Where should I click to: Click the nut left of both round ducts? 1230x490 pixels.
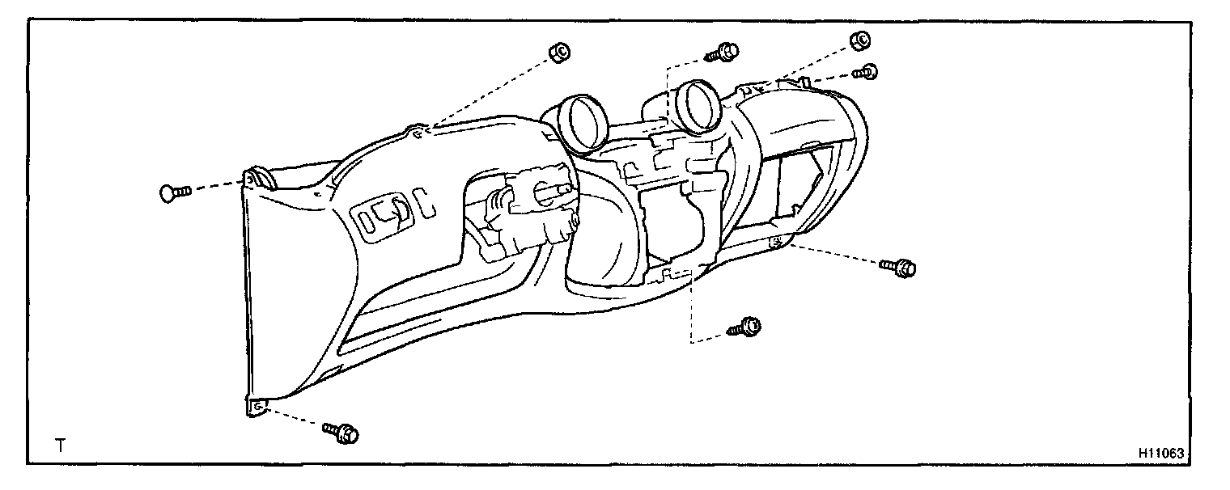[558, 52]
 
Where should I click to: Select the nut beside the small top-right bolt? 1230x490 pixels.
[859, 40]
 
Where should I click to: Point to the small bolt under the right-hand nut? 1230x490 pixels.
[867, 72]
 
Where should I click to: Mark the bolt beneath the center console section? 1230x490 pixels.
[745, 327]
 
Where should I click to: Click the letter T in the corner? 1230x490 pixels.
[60, 445]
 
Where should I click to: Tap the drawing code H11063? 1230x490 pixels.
[1160, 454]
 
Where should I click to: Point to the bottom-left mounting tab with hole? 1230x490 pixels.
[255, 408]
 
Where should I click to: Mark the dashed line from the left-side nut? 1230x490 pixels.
[489, 91]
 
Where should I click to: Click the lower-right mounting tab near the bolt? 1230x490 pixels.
[777, 242]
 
